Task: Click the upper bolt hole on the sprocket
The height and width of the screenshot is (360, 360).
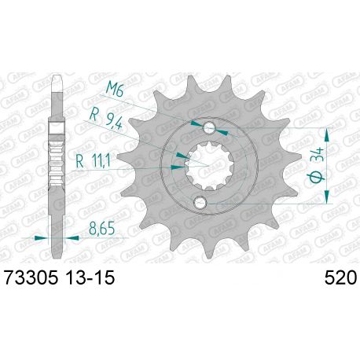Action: click(210, 129)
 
